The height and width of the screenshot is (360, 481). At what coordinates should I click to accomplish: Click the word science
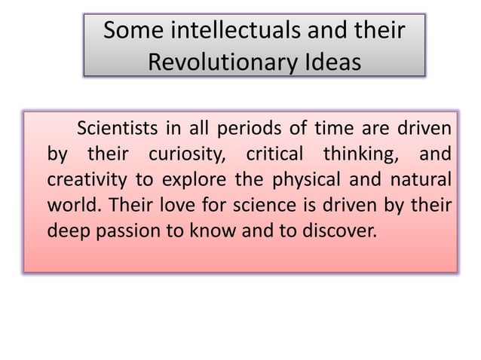click(x=259, y=206)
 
